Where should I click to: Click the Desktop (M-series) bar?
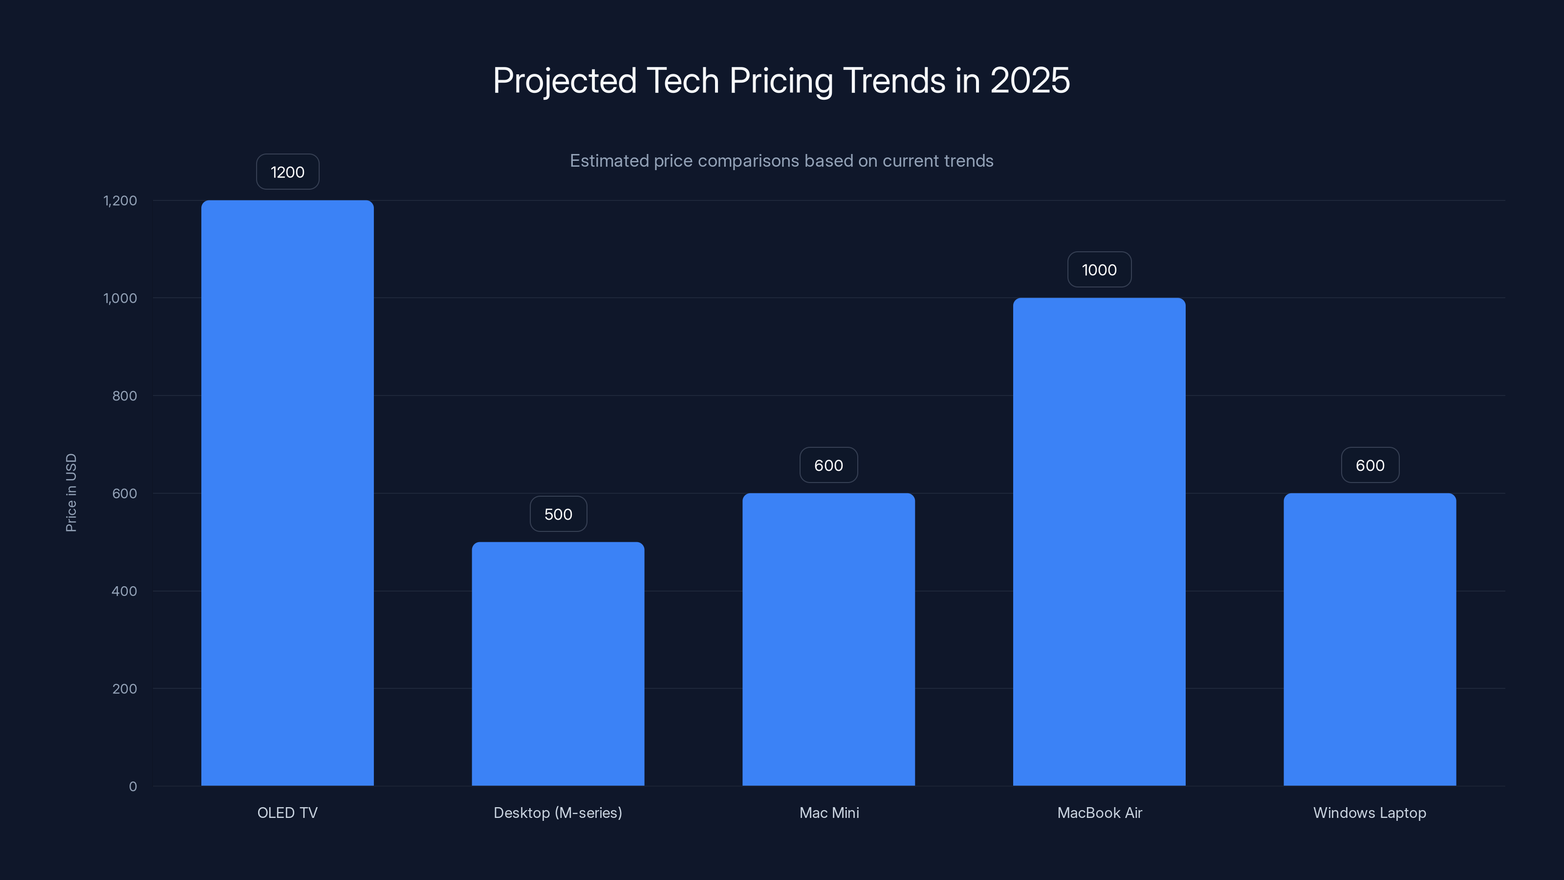tap(558, 663)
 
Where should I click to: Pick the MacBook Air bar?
tap(1099, 541)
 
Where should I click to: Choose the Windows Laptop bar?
tap(1369, 639)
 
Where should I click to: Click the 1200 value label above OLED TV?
tap(287, 172)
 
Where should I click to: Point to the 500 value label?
tap(558, 514)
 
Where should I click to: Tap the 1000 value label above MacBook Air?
tap(1099, 270)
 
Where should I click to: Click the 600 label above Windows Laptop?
tap(1369, 465)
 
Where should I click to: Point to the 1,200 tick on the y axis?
tap(120, 200)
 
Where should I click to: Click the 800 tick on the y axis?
tap(125, 396)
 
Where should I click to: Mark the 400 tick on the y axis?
tap(125, 591)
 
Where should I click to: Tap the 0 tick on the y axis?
tap(133, 787)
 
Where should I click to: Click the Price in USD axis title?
tap(71, 492)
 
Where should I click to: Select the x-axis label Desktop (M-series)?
tap(558, 813)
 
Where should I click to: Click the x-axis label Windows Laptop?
tap(1369, 813)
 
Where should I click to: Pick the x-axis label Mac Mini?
tap(829, 813)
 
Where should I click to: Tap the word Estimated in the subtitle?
tap(609, 161)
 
